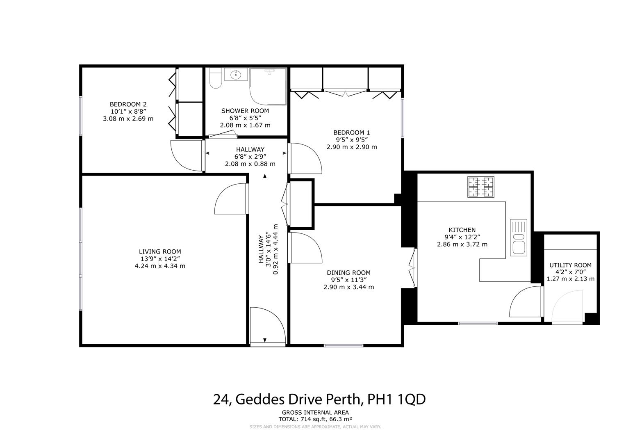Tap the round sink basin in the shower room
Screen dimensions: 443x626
point(236,75)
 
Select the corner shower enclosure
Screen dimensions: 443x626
point(268,86)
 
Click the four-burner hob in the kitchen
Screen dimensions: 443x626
point(481,187)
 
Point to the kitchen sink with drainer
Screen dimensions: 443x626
point(518,237)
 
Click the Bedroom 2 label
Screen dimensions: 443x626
point(128,104)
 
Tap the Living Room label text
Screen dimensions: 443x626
point(159,251)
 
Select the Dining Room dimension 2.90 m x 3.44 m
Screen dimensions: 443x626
point(348,287)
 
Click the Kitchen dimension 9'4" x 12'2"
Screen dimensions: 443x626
point(462,237)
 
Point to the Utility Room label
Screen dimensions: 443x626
point(570,265)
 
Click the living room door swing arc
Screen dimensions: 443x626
point(230,199)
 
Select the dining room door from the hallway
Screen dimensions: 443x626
point(306,248)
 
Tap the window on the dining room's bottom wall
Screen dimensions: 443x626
point(344,345)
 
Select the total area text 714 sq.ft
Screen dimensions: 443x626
point(315,419)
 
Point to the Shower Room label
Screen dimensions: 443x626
point(245,111)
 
